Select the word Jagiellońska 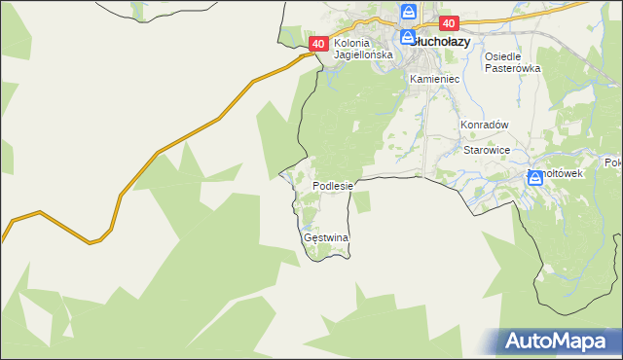pos(362,55)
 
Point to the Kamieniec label pos(434,78)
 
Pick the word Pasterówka pos(512,68)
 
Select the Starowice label pos(488,151)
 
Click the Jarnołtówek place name pos(557,173)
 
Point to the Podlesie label pos(337,185)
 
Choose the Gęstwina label pos(326,237)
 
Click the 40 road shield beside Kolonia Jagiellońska pos(319,44)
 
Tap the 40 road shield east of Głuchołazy pos(448,22)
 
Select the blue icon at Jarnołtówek pos(534,177)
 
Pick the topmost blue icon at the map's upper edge pos(409,12)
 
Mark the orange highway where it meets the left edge pos(3,239)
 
